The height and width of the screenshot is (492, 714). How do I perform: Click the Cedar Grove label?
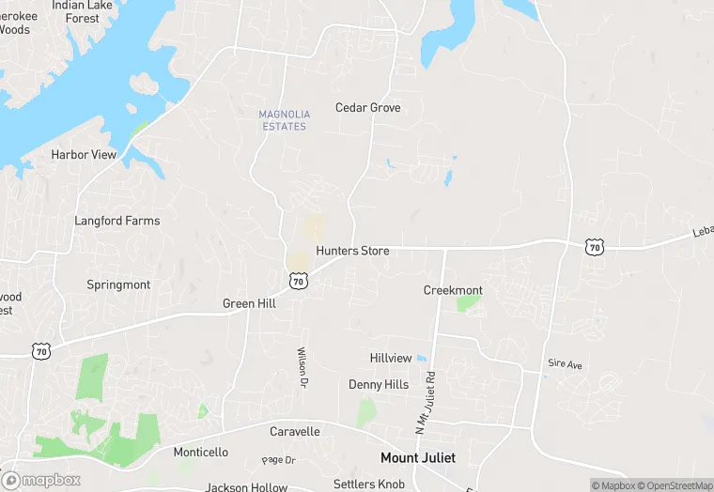point(367,108)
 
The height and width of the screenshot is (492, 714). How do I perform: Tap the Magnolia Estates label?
point(283,120)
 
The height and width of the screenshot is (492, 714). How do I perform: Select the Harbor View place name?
point(84,155)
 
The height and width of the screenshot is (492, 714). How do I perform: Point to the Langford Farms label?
point(117,221)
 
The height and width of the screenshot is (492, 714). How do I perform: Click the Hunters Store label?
point(352,251)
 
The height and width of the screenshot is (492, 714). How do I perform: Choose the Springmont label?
point(118,284)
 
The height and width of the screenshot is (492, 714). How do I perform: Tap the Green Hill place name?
point(249,303)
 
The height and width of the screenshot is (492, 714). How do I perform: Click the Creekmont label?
point(453,291)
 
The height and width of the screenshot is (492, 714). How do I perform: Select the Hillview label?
point(391,359)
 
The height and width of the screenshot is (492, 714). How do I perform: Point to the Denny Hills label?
point(379,385)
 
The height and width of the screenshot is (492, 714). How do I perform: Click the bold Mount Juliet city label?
point(418,458)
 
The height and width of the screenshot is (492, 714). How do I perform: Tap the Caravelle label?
point(295,432)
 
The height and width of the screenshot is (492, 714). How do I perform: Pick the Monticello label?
point(201,453)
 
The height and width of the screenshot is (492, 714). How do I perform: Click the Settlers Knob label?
point(368,484)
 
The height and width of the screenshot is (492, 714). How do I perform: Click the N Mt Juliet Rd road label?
point(425,400)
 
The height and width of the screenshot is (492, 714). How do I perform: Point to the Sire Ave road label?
point(565,363)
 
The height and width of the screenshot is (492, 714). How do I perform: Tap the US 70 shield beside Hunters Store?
point(298,281)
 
